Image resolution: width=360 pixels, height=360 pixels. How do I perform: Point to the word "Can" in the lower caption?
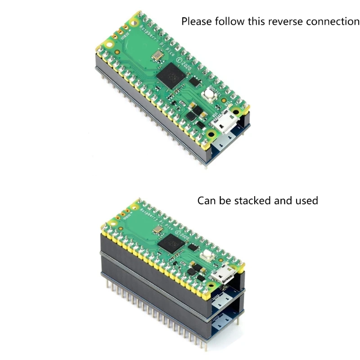(x=207, y=200)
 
